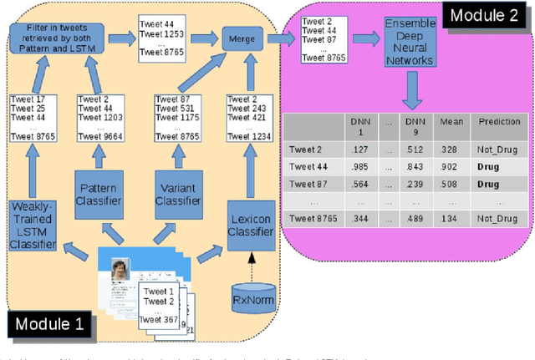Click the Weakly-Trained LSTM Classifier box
[x=32, y=224]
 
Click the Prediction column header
[x=499, y=122]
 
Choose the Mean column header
[x=450, y=122]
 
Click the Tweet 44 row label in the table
[x=307, y=166]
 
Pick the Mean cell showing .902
[x=450, y=166]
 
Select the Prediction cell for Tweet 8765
[x=499, y=219]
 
